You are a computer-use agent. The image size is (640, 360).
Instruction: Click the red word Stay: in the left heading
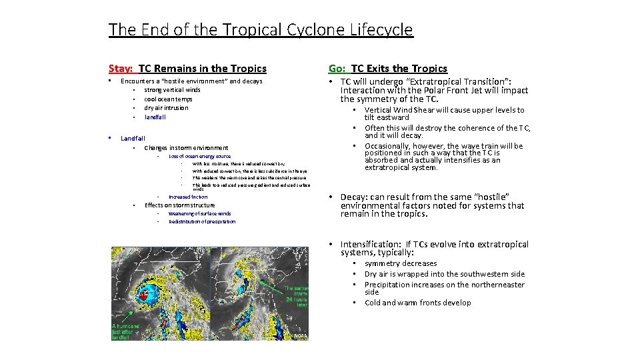121,69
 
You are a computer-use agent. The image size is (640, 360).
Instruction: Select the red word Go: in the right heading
337,69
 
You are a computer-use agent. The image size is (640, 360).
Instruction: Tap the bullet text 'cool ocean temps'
168,99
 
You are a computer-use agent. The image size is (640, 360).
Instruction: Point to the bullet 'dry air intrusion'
166,108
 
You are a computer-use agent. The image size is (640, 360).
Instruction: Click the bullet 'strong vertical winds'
172,90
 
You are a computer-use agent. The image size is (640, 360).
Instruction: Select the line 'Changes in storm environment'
186,148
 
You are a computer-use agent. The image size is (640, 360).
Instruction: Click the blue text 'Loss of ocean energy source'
199,156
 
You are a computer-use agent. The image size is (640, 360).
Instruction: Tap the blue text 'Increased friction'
188,197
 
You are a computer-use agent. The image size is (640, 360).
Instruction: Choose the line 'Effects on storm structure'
179,205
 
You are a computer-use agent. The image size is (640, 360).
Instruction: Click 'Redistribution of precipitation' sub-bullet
202,221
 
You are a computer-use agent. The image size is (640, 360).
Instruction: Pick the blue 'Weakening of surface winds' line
199,213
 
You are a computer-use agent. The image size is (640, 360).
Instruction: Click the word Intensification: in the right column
371,245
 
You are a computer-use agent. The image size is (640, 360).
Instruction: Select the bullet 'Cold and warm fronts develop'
417,303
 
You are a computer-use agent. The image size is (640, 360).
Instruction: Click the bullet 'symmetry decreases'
401,263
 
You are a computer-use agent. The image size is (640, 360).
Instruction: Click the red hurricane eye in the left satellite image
143,294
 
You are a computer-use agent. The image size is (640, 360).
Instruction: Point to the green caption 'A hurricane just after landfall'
126,330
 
